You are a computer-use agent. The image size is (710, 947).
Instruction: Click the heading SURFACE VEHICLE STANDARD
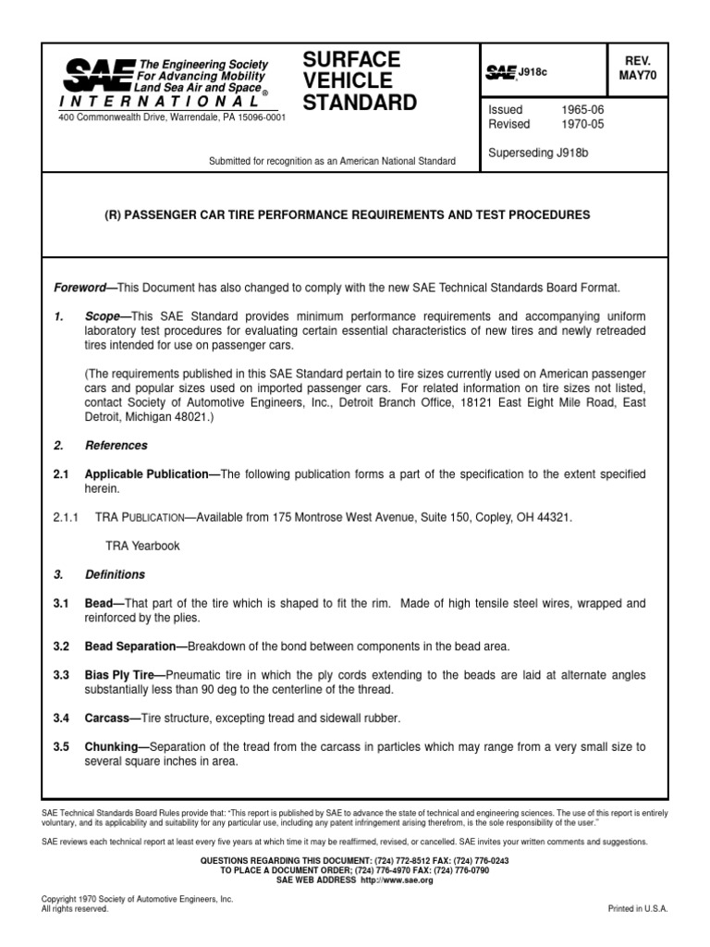pos(360,80)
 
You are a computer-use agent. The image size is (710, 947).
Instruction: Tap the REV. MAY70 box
pos(638,68)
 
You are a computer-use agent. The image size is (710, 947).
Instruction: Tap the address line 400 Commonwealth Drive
pos(172,117)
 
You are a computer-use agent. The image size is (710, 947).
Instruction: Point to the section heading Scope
pos(103,315)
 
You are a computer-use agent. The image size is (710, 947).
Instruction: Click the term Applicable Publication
pos(147,473)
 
